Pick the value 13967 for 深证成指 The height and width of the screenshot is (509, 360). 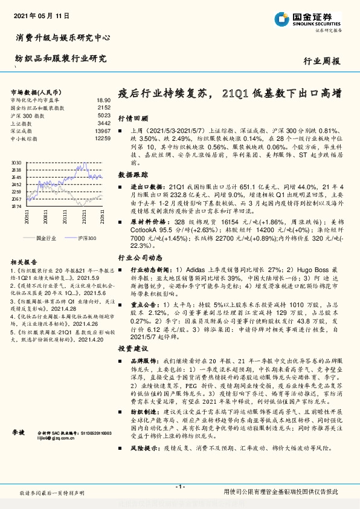click(x=103, y=131)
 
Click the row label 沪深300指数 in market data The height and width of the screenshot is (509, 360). click(x=28, y=115)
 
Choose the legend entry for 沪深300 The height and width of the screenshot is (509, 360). click(x=84, y=238)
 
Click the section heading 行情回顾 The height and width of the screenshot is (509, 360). click(x=129, y=118)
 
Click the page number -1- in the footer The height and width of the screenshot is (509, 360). click(x=179, y=487)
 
